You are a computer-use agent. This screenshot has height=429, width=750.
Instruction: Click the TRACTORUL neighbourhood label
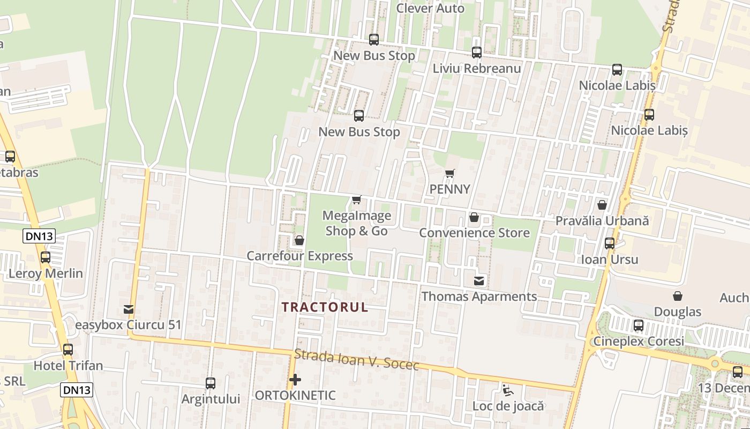tap(325, 307)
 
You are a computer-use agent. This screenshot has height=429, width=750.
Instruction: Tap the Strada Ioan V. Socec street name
tap(356, 360)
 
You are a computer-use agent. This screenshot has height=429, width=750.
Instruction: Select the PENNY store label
tap(450, 189)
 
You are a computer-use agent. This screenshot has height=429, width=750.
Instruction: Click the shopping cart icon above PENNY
tap(450, 173)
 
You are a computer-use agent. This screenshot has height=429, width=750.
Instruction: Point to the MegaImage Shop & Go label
tap(356, 223)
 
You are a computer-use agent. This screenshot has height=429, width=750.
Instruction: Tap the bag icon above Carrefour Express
tap(299, 240)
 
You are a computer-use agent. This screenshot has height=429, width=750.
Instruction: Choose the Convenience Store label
tap(474, 233)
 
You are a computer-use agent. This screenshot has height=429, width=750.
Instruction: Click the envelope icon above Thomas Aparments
tap(479, 280)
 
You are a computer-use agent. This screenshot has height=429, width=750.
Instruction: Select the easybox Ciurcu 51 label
tap(128, 325)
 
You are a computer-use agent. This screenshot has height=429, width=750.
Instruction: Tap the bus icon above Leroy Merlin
tap(46, 257)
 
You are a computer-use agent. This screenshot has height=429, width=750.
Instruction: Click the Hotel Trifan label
tap(68, 366)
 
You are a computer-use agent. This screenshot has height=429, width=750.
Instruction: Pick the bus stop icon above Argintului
tap(211, 383)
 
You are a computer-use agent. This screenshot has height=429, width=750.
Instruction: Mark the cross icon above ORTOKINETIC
tap(295, 380)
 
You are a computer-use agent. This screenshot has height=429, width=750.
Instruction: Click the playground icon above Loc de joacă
tap(507, 390)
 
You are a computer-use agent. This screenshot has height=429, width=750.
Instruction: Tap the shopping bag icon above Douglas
tap(678, 296)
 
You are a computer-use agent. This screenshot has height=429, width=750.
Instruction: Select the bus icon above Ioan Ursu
tap(610, 243)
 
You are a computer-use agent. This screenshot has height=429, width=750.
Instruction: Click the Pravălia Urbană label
tap(602, 220)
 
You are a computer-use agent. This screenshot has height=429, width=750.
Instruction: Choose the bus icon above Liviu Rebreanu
tap(477, 53)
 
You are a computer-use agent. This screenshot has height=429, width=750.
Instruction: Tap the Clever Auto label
tap(430, 9)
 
